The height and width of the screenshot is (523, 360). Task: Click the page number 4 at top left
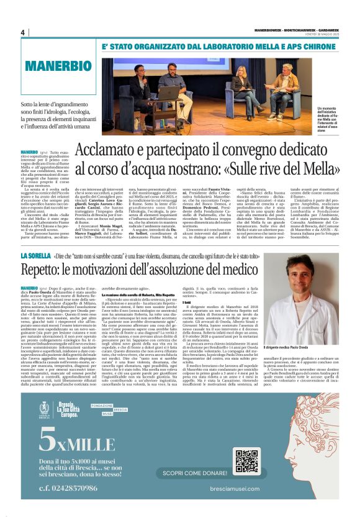22,32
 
